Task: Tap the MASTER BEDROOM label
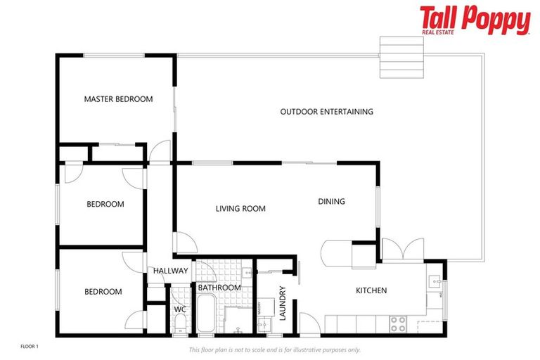[118, 99]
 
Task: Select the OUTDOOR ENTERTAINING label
[326, 112]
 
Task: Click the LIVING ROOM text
[240, 209]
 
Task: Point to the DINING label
[331, 202]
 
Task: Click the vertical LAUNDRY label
[283, 303]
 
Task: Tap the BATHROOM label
[219, 288]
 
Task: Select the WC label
[179, 309]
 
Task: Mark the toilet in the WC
[179, 324]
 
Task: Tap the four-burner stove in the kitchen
[399, 324]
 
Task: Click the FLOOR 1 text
[29, 347]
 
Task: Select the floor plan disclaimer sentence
[275, 349]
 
